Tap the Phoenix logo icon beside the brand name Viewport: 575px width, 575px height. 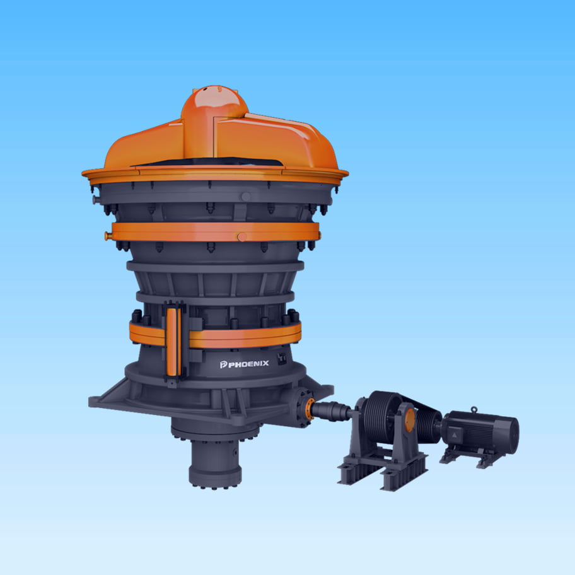pyautogui.click(x=223, y=364)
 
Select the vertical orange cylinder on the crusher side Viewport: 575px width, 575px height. pyautogui.click(x=171, y=342)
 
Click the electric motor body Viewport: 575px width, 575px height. pyautogui.click(x=480, y=432)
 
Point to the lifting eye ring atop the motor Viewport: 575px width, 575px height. pyautogui.click(x=474, y=409)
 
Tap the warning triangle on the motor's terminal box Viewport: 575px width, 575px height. pyautogui.click(x=455, y=435)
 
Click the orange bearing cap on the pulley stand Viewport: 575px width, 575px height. pyautogui.click(x=410, y=420)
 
